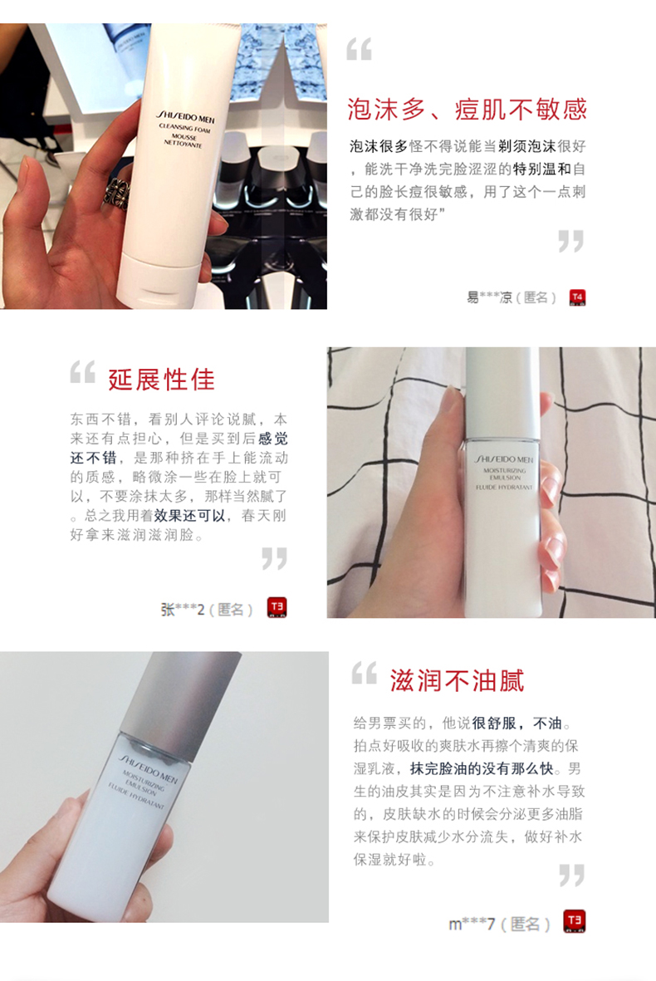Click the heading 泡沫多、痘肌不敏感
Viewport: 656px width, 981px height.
pyautogui.click(x=468, y=110)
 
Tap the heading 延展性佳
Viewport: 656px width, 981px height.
pyautogui.click(x=161, y=380)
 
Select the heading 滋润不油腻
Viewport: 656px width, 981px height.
pyautogui.click(x=458, y=680)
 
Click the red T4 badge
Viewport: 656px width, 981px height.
pyautogui.click(x=577, y=298)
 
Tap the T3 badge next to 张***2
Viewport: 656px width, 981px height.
pyautogui.click(x=277, y=607)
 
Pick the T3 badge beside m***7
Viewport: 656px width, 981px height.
pyautogui.click(x=575, y=921)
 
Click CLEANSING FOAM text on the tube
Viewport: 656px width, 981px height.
pyautogui.click(x=184, y=128)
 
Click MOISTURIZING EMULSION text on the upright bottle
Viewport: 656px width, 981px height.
pyautogui.click(x=505, y=473)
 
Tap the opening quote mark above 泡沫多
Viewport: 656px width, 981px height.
pyautogui.click(x=359, y=49)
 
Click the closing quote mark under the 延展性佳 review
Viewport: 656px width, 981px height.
pyautogui.click(x=275, y=559)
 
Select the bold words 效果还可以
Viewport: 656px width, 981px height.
pyautogui.click(x=189, y=516)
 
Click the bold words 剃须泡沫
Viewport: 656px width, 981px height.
pyautogui.click(x=526, y=146)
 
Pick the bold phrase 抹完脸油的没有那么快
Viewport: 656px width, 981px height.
pyautogui.click(x=482, y=768)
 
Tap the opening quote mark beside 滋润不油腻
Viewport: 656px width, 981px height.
pyautogui.click(x=364, y=674)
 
